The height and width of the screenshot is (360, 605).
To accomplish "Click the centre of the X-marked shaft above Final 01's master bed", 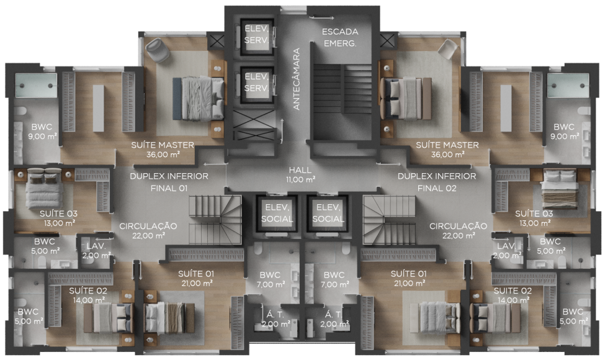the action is click(215, 40).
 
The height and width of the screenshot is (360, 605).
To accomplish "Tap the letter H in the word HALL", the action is click(292, 170).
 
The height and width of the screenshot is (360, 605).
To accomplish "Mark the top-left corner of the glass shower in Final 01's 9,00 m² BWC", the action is click(16, 74).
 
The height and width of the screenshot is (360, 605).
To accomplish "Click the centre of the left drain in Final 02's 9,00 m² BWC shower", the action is click(555, 86).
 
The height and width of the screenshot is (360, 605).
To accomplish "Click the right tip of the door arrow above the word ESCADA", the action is click(334, 17).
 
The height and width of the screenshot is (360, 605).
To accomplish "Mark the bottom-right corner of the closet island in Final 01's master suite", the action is click(104, 131).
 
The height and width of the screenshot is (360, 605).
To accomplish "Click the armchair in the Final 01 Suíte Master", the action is click(157, 50).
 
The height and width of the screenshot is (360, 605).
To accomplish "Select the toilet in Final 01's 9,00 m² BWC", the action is click(20, 112).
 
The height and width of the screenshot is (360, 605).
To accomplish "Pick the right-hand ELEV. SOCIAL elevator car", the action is click(328, 214).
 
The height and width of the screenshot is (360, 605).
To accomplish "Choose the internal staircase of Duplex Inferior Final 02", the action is click(389, 220).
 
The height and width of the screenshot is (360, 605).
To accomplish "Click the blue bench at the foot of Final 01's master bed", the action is click(177, 99).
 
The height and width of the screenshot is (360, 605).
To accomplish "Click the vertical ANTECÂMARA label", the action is click(297, 79).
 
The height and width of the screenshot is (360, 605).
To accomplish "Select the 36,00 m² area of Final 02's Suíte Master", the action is click(447, 155).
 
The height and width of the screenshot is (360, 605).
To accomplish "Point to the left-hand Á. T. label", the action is click(275, 315).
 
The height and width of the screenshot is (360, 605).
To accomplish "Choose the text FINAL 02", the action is click(437, 189).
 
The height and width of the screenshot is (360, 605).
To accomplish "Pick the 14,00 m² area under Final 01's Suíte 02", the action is click(88, 300).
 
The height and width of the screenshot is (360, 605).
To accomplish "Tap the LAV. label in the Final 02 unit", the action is click(506, 246).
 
